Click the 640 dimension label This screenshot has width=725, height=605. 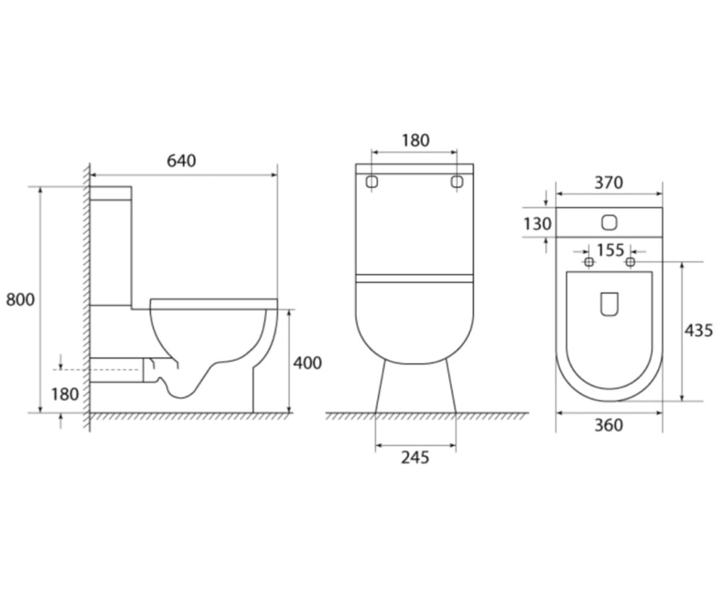(x=181, y=161)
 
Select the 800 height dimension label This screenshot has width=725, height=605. (x=21, y=299)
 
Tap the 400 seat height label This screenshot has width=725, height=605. (x=308, y=364)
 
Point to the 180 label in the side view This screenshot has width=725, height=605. (x=65, y=394)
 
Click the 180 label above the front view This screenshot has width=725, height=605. (x=416, y=140)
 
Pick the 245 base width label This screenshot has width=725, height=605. (x=415, y=457)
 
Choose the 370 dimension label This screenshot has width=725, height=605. (x=608, y=183)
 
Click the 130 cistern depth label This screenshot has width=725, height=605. (x=538, y=224)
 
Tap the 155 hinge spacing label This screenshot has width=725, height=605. (x=610, y=250)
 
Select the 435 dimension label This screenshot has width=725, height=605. (x=698, y=330)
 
